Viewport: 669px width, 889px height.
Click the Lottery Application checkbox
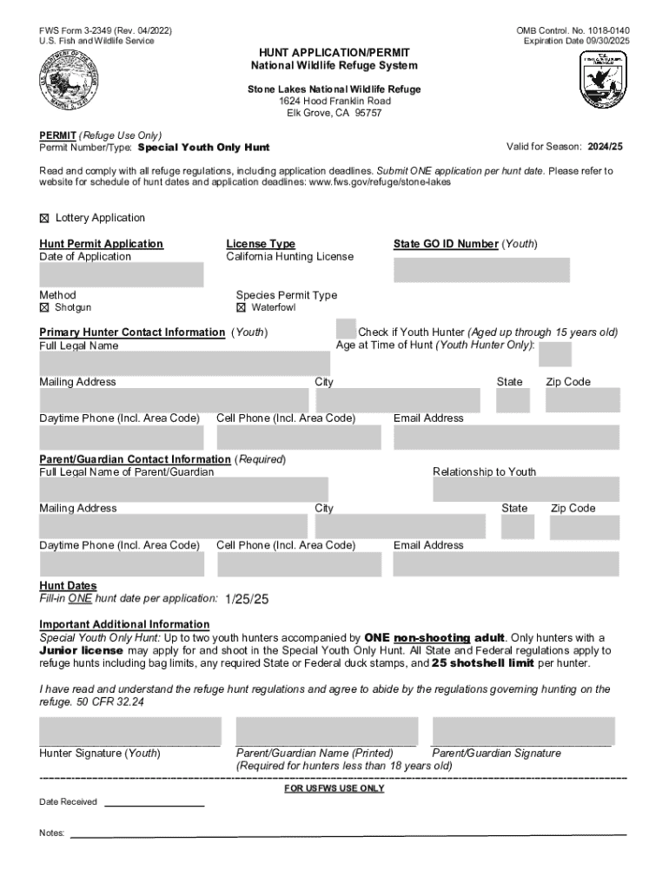(45, 218)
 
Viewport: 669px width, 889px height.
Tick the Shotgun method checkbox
(45, 308)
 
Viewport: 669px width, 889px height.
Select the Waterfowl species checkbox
(242, 308)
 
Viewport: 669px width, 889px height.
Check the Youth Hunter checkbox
(346, 329)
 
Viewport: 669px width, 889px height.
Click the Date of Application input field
(121, 275)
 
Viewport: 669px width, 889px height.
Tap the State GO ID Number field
(481, 270)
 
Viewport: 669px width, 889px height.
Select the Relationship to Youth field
(526, 491)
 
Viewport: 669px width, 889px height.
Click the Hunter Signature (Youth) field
(130, 731)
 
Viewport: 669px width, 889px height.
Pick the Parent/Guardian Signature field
(523, 731)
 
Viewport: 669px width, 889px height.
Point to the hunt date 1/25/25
(247, 600)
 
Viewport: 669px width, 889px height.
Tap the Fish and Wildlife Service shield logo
(603, 79)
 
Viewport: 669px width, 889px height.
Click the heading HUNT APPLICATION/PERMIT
(334, 53)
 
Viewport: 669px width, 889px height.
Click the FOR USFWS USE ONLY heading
(334, 789)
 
